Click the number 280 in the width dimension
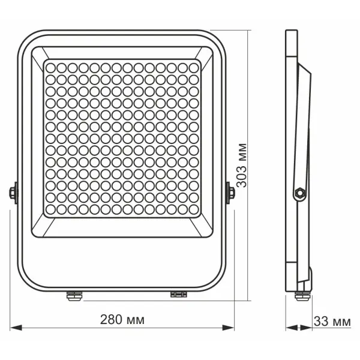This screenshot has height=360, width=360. pyautogui.click(x=109, y=319)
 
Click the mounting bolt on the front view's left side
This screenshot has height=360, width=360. pyautogui.click(x=13, y=193)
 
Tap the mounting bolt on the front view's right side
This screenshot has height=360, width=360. pyautogui.click(x=229, y=193)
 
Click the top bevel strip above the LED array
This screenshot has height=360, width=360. pyautogui.click(x=122, y=53)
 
